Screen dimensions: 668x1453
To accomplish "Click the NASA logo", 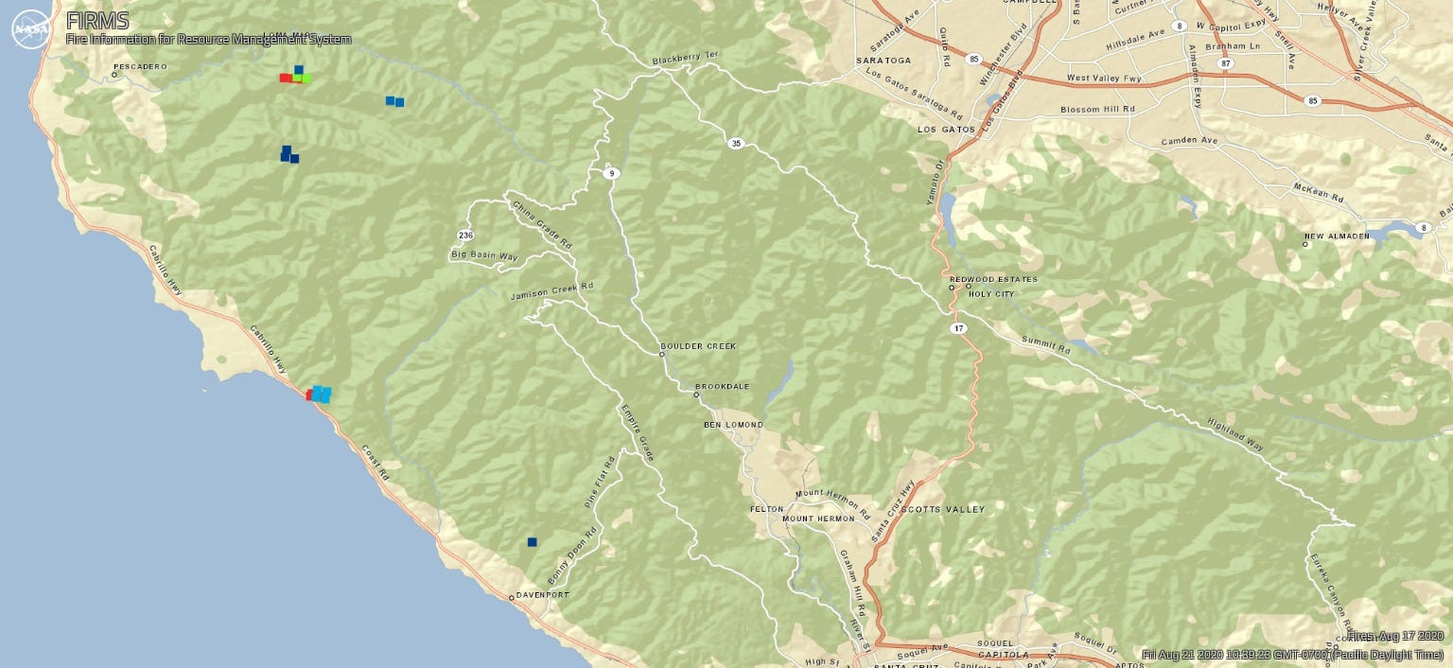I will coord(31,29).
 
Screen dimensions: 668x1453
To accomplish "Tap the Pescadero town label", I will coord(139,67).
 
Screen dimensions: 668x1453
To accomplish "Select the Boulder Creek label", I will coord(698,346).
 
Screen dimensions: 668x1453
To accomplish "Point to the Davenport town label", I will coord(543,595).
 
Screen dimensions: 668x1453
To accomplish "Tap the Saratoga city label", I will coord(884,60).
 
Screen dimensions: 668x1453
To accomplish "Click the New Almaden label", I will coord(1337,237).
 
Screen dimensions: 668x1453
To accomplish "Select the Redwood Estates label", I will coord(993,279).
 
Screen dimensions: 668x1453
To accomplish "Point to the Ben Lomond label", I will coord(733,425).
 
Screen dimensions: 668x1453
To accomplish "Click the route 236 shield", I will coord(464,235).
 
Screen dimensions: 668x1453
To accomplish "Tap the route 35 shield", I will coord(735,143).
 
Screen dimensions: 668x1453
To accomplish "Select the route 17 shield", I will coord(959,327).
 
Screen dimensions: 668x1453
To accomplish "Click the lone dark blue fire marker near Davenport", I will coord(533,542).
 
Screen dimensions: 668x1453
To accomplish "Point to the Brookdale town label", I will coord(722,387).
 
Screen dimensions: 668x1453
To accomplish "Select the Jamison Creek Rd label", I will coord(551,291).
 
